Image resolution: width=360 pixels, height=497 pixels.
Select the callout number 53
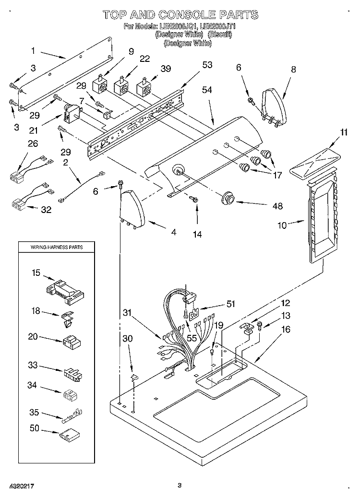[207, 65]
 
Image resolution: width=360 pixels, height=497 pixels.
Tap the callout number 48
[277, 206]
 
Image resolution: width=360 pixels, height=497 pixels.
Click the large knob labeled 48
[228, 198]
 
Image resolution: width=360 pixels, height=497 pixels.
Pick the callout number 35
[34, 412]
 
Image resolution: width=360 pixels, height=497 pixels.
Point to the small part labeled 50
[69, 436]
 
